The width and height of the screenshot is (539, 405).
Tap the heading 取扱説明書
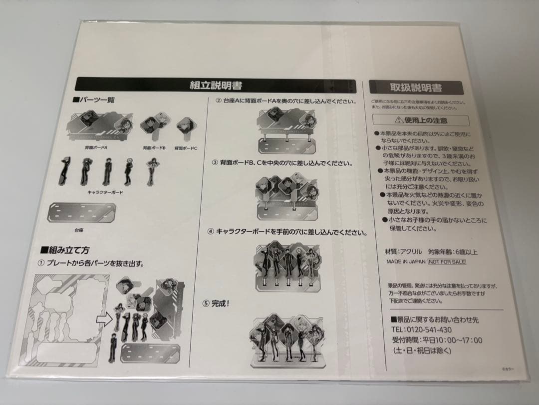tap(416, 87)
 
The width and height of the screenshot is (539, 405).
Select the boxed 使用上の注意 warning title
tap(421, 120)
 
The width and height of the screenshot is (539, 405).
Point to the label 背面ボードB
tap(154, 148)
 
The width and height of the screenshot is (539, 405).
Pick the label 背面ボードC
tap(186, 148)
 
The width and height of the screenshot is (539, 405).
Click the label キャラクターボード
tap(105, 191)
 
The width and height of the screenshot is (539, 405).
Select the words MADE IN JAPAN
tap(405, 261)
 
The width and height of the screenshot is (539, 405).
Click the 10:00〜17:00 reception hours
tap(460, 340)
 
